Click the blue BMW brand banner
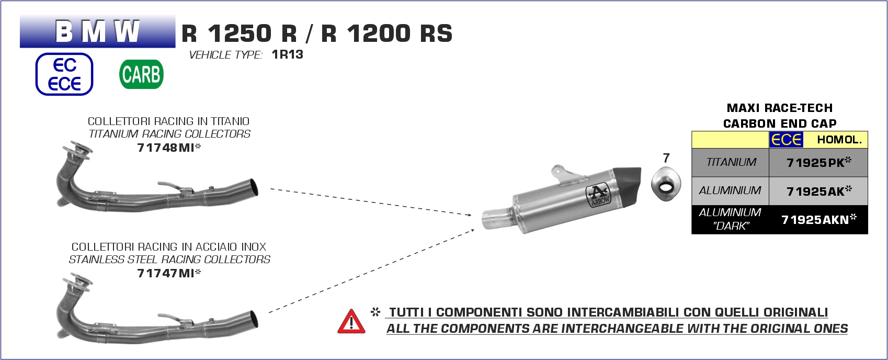[97, 31]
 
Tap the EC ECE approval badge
[64, 74]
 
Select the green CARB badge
[141, 74]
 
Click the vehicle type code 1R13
[288, 54]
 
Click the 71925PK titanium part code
[818, 163]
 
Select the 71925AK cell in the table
[818, 191]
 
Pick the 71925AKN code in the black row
[818, 219]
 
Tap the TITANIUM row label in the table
[731, 162]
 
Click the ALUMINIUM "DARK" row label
[730, 219]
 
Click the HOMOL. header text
[839, 140]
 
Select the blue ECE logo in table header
[786, 140]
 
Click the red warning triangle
[351, 321]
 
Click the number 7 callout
[666, 158]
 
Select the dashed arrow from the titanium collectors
[371, 202]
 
